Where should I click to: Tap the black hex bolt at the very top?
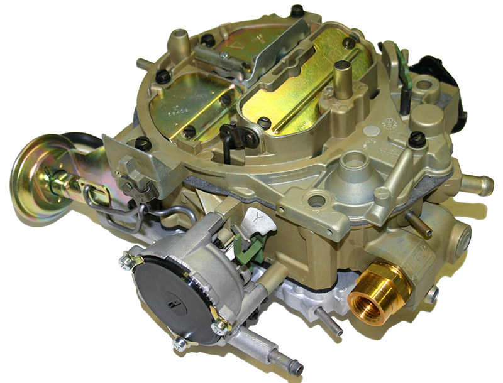click(x=297, y=11)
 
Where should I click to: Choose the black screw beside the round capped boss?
click(x=416, y=139)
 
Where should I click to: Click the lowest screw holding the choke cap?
click(x=180, y=343)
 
